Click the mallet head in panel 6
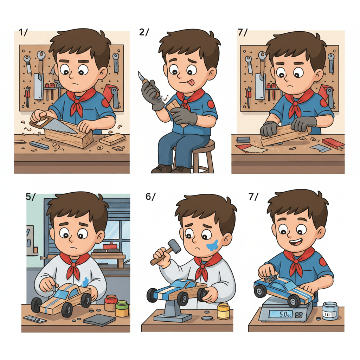point(174,246)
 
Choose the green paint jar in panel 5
point(122,309)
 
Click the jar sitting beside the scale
point(330,311)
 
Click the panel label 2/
point(144,32)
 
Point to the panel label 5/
point(31,197)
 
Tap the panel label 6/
point(150,197)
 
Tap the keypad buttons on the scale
point(300,314)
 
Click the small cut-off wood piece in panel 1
point(112,140)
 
